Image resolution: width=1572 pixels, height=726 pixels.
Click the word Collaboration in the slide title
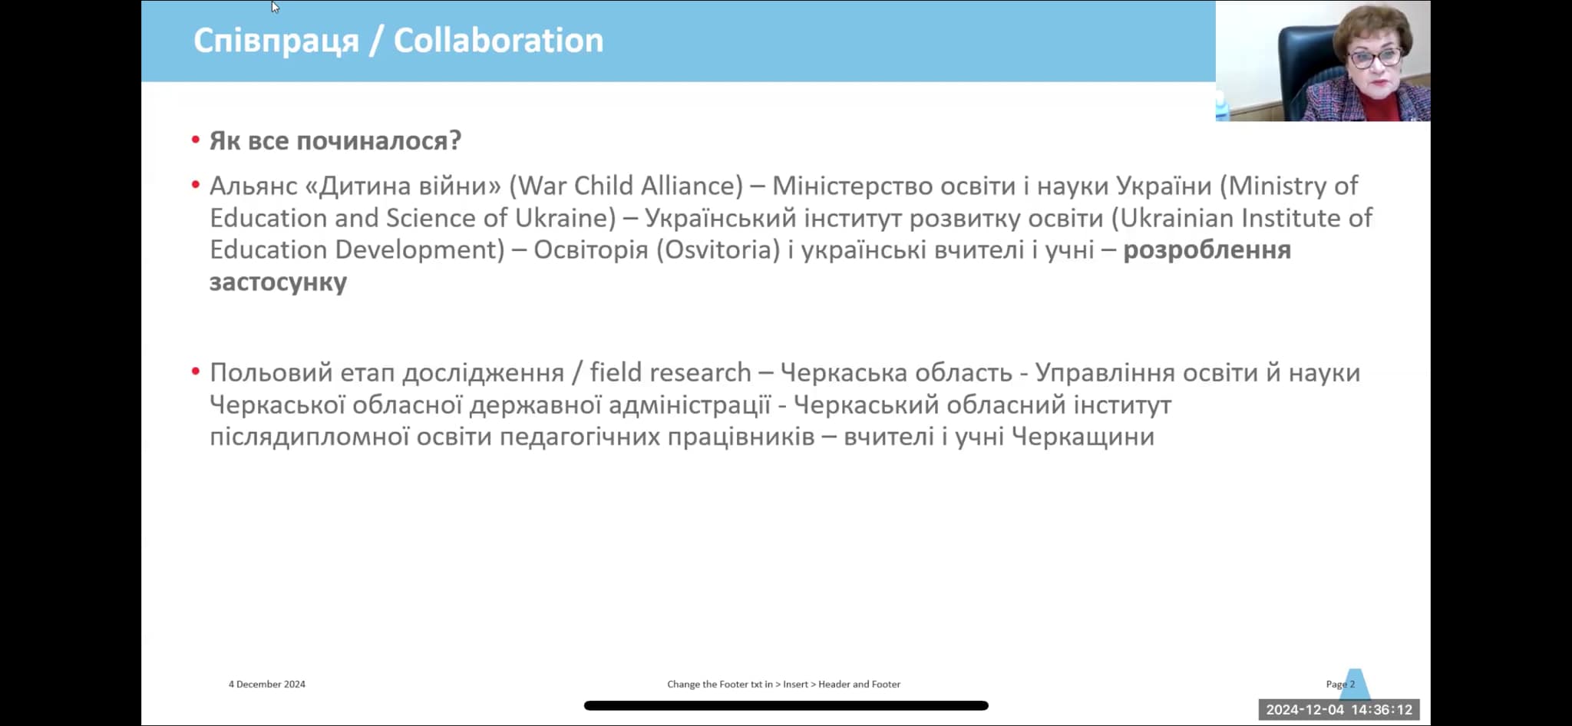(x=498, y=41)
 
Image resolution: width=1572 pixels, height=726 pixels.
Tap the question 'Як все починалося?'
(x=335, y=141)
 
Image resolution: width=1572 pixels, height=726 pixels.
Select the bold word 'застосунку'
(x=278, y=282)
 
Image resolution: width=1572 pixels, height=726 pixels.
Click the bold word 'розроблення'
(x=1207, y=251)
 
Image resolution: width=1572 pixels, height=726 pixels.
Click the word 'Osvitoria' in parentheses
(x=718, y=250)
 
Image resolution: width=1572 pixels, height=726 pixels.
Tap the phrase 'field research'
(x=670, y=372)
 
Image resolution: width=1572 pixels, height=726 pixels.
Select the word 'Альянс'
(x=253, y=186)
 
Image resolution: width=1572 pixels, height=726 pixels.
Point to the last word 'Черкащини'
(x=1083, y=437)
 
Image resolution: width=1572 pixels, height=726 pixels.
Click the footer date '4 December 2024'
(x=266, y=684)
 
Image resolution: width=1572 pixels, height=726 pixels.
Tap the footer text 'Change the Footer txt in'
(x=720, y=684)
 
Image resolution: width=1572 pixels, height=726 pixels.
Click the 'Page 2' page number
(x=1340, y=684)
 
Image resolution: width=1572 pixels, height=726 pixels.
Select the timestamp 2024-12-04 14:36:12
(x=1339, y=710)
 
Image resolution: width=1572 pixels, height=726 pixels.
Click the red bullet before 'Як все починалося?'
(x=196, y=140)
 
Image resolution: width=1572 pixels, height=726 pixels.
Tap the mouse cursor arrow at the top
(x=275, y=7)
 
